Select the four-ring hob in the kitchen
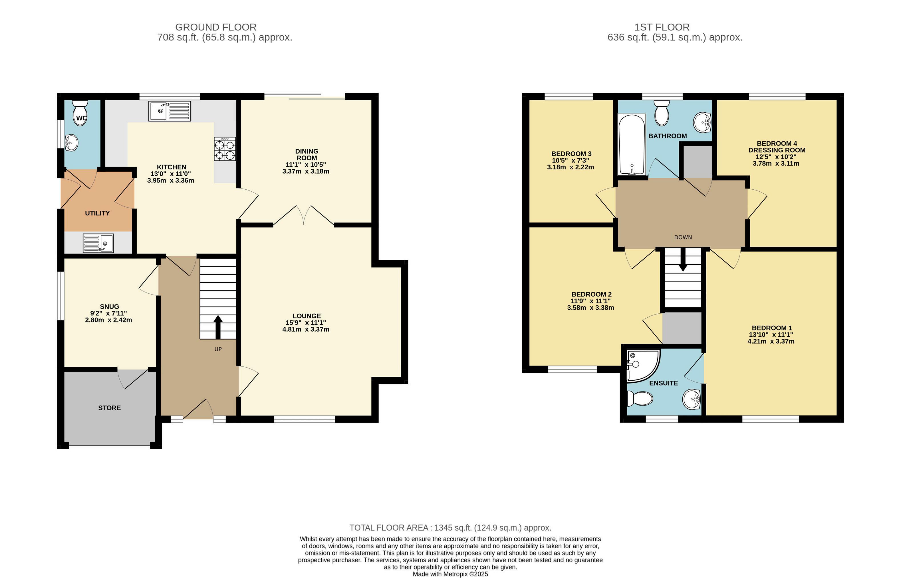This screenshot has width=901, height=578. (x=225, y=149)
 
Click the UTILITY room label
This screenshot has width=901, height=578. (x=97, y=213)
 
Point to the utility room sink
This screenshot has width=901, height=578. (x=98, y=243)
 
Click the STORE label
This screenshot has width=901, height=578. (x=109, y=408)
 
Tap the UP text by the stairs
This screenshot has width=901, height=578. (x=218, y=349)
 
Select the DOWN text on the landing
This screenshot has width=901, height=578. (x=683, y=237)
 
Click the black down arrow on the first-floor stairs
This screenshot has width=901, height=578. (x=683, y=260)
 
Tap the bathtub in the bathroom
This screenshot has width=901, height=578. (x=632, y=145)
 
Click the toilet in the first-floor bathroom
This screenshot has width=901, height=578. (x=662, y=113)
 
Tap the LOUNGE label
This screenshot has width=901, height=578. (x=307, y=316)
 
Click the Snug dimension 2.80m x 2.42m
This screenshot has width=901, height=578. (x=108, y=320)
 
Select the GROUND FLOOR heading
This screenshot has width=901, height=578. (x=216, y=27)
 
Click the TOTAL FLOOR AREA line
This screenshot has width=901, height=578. (x=450, y=528)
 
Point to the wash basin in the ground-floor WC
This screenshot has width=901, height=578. (x=71, y=143)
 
